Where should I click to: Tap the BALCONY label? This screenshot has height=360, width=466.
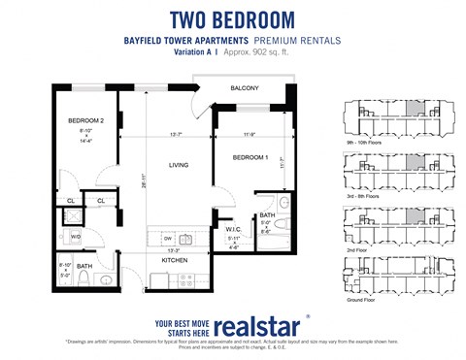pos(244,89)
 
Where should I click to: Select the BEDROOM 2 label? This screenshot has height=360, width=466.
pos(85,120)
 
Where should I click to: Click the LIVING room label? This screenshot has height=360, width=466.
pos(178,165)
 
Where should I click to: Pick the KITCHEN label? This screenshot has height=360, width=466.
pos(176,260)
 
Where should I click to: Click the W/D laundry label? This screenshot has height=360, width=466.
pos(76,236)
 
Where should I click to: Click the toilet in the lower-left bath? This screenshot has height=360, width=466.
pos(85,281)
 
